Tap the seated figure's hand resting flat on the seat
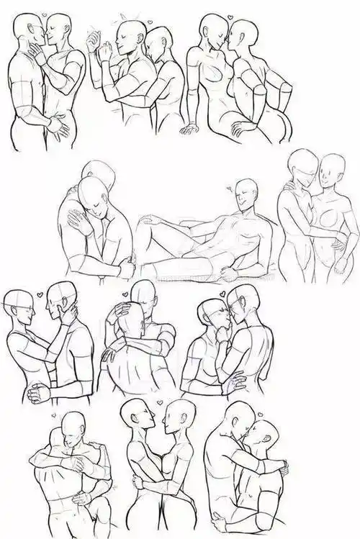tap(190, 130)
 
